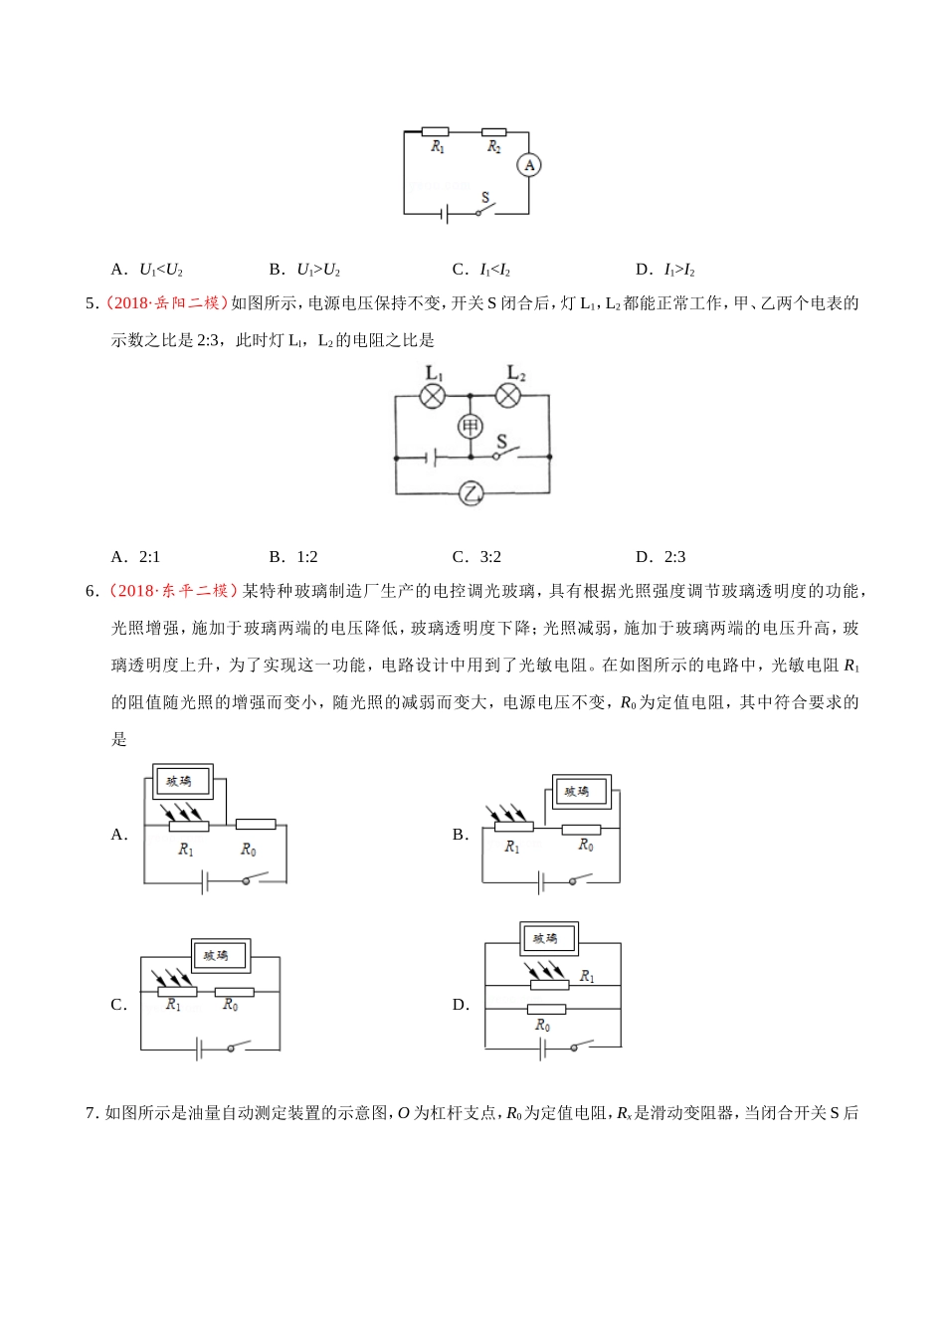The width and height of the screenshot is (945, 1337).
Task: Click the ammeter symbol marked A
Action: click(x=529, y=165)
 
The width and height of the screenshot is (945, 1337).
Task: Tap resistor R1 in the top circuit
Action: click(x=435, y=131)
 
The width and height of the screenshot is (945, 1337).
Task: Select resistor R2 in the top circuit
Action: click(x=493, y=131)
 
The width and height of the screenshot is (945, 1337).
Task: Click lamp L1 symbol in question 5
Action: click(x=433, y=396)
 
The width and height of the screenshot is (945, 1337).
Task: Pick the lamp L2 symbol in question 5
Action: click(x=508, y=396)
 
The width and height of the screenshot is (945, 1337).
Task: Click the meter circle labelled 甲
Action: click(x=470, y=427)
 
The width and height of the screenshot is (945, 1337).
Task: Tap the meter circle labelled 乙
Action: click(x=471, y=492)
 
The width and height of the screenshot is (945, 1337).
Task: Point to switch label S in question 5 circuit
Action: click(x=501, y=442)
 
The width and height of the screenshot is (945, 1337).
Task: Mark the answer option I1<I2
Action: click(x=494, y=270)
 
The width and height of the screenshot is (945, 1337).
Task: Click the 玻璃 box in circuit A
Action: click(x=180, y=782)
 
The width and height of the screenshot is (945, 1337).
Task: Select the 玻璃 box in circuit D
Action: click(x=547, y=938)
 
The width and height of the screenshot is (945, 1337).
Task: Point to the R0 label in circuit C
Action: click(x=230, y=1006)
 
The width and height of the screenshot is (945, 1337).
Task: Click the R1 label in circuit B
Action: click(x=512, y=847)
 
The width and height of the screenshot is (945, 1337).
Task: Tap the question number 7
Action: click(x=91, y=1113)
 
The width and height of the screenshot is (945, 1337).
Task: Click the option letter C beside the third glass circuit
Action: click(x=117, y=1005)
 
